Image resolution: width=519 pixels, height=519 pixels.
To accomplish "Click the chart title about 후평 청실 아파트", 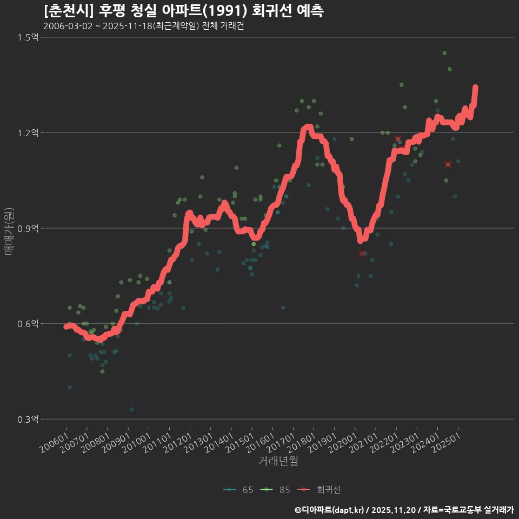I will [184, 11].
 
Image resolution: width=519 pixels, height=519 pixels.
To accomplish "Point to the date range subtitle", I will [143, 26].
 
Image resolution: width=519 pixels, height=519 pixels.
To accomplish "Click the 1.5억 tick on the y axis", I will [28, 37].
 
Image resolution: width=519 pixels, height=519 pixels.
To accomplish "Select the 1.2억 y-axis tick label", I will [28, 133].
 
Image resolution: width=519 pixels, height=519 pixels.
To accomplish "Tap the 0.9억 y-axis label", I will [28, 228].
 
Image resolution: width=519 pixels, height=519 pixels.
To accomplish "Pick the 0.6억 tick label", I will [28, 324].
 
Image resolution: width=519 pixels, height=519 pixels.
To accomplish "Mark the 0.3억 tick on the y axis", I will [28, 420].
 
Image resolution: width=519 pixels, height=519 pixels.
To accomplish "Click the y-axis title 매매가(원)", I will [9, 231].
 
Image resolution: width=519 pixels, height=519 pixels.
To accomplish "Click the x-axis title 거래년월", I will [278, 461].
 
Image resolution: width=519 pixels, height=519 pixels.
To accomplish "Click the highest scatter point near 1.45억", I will [444, 53].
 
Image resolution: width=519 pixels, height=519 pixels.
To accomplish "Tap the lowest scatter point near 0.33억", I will [131, 409].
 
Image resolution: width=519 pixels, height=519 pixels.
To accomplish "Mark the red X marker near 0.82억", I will [362, 254].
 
